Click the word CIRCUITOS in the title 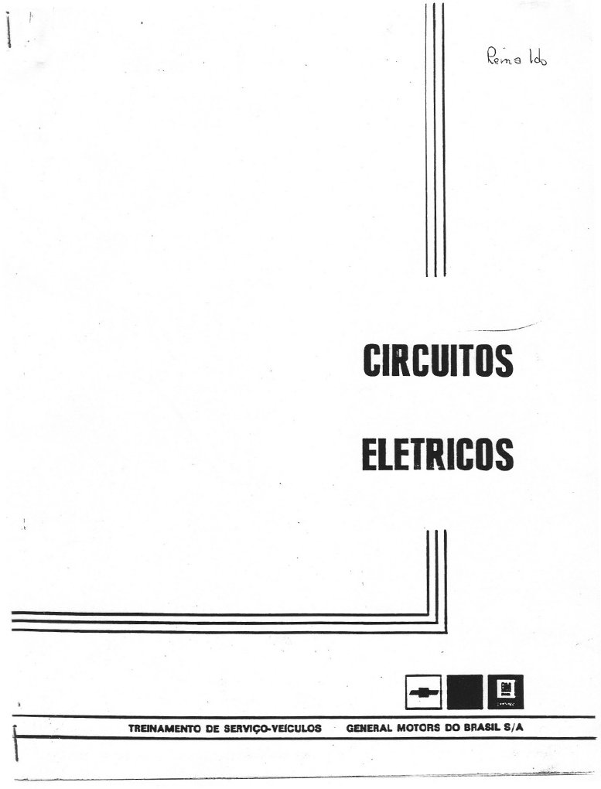(438, 360)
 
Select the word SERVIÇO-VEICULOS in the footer (271, 729)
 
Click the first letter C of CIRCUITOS (371, 360)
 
